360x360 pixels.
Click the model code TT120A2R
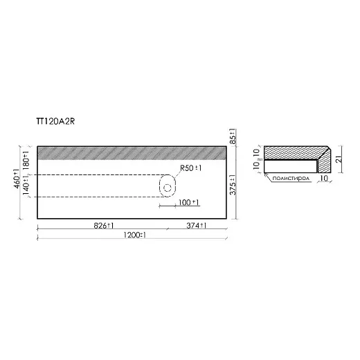coord(55,121)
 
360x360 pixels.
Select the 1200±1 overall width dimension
coord(134,235)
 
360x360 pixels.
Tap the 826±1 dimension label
coord(104,226)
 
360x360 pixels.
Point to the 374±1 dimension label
coord(197,226)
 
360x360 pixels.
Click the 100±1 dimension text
coord(188,202)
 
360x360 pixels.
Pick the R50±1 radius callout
coord(190,168)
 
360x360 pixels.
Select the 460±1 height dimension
coord(17,179)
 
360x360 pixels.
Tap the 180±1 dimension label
coord(26,161)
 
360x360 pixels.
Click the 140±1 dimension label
coord(26,185)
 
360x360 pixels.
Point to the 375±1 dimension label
coord(233,185)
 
